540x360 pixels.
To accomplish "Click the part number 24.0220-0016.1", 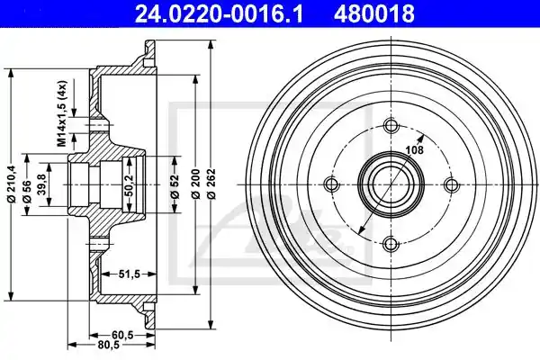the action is [x=219, y=13].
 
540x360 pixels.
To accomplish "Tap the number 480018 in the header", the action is [x=374, y=13].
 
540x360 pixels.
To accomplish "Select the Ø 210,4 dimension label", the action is [x=11, y=184].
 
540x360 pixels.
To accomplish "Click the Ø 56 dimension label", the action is [x=27, y=192].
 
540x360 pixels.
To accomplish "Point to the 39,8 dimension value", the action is [x=41, y=184].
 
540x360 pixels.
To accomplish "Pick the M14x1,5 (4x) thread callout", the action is [x=61, y=113].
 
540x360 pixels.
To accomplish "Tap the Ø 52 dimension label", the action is [x=175, y=186].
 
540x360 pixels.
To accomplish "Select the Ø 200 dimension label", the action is [x=195, y=184].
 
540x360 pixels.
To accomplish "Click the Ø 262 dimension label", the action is [x=211, y=184].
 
